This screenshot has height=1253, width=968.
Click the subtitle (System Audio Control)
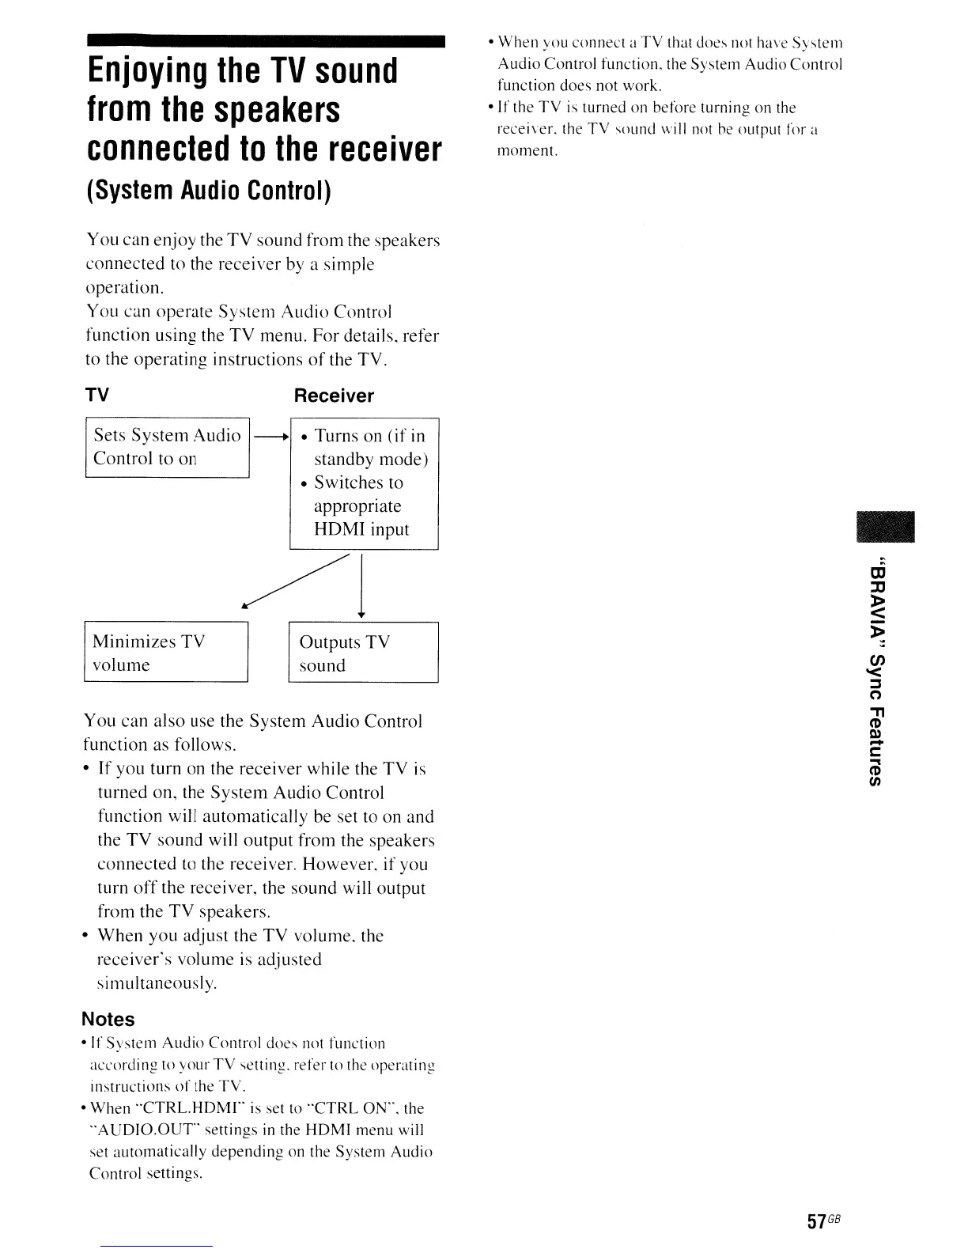coord(209,191)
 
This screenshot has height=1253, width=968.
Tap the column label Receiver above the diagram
coord(333,396)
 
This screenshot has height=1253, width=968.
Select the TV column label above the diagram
coord(97,395)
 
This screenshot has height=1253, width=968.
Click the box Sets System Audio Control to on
coord(167,447)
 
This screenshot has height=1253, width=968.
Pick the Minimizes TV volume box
coord(166,653)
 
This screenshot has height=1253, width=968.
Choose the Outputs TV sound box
coord(363,653)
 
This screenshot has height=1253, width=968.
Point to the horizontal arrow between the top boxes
coord(270,436)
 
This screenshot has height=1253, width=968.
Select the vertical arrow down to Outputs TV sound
coord(361,587)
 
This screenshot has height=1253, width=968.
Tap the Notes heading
coord(108,1019)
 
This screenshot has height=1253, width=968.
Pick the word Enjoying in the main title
coord(145,71)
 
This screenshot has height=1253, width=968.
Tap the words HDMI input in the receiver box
coord(361,529)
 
